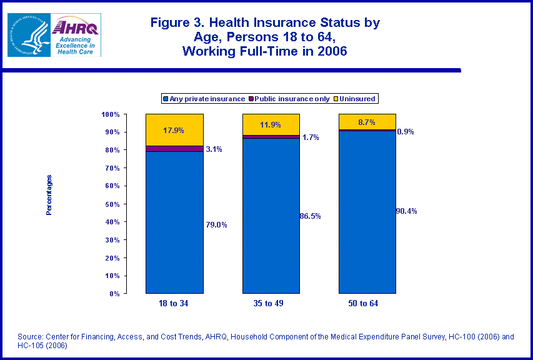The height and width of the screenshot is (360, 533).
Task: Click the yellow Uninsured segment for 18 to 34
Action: [x=174, y=129]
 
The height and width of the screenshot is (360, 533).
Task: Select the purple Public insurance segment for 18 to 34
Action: [x=174, y=149]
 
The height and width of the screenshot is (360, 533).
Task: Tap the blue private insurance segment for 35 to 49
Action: [x=271, y=216]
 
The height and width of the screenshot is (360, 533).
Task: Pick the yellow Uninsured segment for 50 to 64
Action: [x=367, y=122]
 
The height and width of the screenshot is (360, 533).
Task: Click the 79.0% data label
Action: [x=216, y=225]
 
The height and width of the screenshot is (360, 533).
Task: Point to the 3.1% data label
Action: [x=214, y=149]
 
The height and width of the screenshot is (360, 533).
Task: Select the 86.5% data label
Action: [x=311, y=216]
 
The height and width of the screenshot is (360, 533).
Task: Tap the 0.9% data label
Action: [x=406, y=132]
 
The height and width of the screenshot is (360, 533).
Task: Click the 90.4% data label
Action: [x=406, y=211]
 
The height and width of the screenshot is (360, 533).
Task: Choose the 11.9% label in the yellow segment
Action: [x=271, y=124]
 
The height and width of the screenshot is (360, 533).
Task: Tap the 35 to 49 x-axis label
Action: [x=271, y=304]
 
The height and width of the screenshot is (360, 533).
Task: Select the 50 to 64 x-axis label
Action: [x=367, y=304]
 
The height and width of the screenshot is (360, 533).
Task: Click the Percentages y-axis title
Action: [x=49, y=195]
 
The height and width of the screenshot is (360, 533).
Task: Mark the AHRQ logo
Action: [x=76, y=34]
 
